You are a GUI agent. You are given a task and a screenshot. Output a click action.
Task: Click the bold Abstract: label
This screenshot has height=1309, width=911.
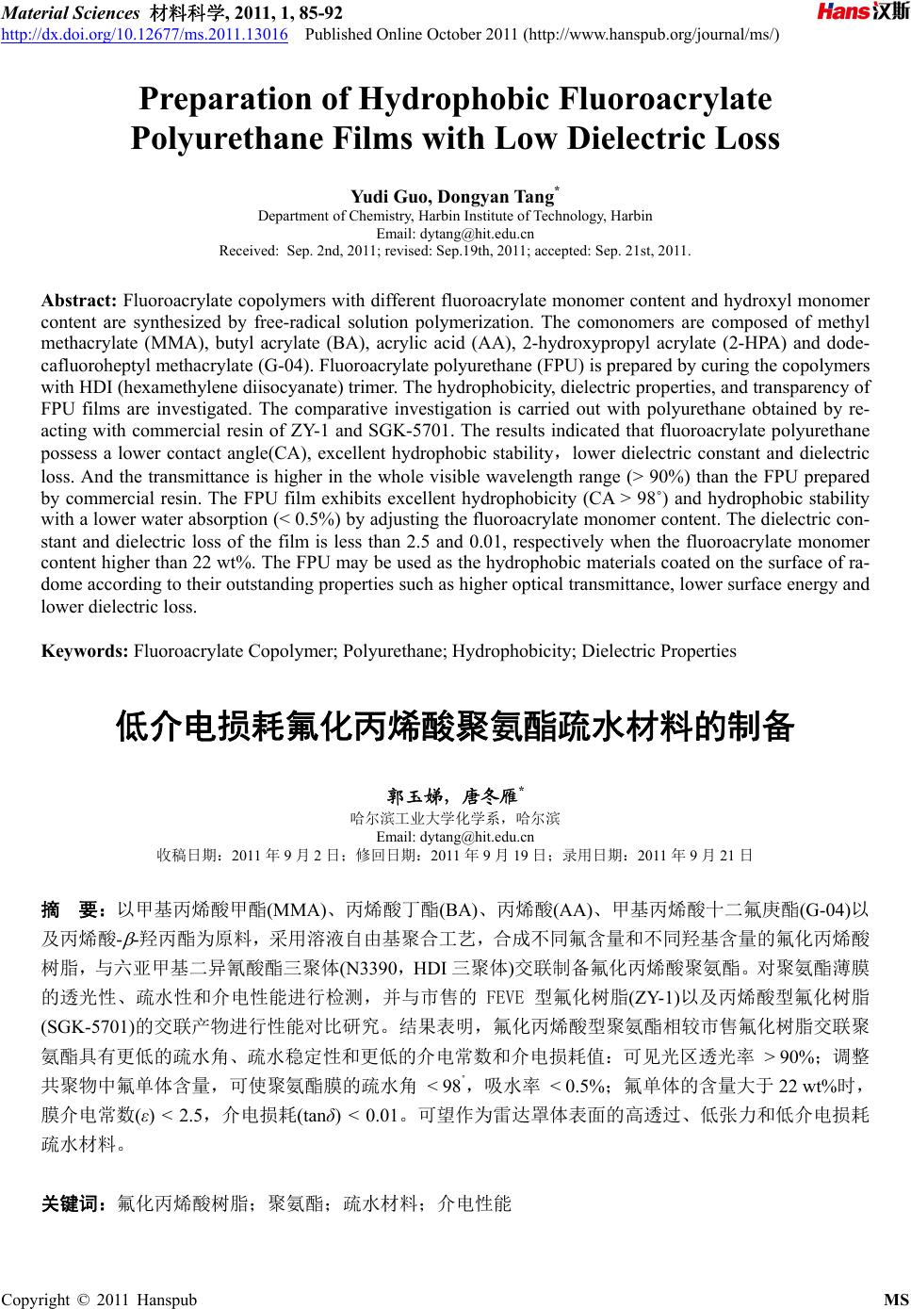click(x=79, y=302)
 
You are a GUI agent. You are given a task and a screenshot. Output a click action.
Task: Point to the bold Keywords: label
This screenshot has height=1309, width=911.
click(x=85, y=651)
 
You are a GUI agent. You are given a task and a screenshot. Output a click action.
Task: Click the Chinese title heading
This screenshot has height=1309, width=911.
click(x=455, y=728)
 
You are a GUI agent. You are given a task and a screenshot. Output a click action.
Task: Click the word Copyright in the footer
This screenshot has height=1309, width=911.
click(x=36, y=1301)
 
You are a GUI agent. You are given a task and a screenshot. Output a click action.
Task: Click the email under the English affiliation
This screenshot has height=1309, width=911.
click(x=455, y=234)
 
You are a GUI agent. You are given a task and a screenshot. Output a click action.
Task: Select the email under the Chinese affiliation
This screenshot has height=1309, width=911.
click(x=455, y=836)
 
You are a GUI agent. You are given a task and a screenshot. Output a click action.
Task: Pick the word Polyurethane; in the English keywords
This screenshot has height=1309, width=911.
click(x=396, y=651)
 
